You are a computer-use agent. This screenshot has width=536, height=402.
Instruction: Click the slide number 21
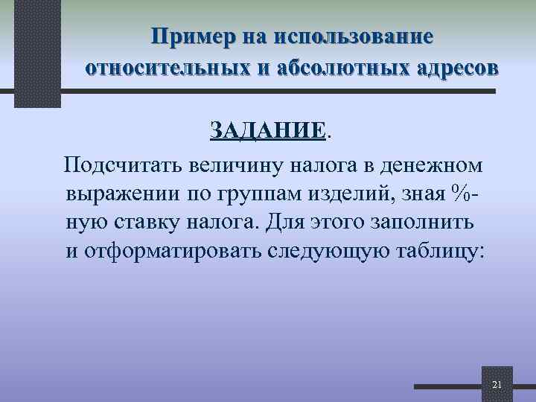pyautogui.click(x=497, y=384)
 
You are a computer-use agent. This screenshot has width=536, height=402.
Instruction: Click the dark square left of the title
pyautogui.click(x=36, y=52)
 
